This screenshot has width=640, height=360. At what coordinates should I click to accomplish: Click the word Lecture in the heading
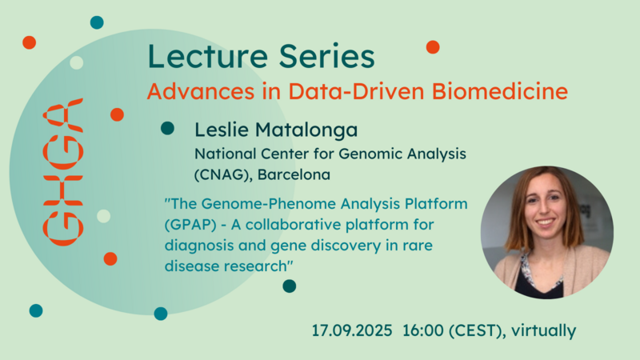[x=208, y=56]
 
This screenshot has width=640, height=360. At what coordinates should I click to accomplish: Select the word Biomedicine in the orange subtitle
[x=499, y=91]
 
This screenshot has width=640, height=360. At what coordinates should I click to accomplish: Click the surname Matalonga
[x=306, y=130]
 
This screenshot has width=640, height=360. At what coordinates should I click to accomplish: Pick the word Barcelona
[x=294, y=174]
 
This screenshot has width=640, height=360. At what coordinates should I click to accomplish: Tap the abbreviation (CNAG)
[x=223, y=175]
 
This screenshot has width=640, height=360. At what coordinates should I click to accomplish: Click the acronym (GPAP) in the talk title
[x=190, y=225]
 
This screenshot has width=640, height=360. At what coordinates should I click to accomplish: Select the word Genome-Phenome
[x=269, y=204]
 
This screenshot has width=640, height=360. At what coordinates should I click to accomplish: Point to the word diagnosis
[x=199, y=246]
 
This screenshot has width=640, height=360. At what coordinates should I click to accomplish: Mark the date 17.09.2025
[x=352, y=330]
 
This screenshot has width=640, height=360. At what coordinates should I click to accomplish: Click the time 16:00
[x=423, y=330]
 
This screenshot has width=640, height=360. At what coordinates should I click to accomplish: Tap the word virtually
[x=543, y=330]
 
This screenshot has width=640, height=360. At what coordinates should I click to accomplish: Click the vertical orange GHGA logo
[x=63, y=172]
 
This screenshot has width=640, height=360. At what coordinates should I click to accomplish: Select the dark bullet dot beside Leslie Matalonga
[x=167, y=128]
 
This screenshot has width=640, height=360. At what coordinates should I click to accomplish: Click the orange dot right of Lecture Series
[x=433, y=47]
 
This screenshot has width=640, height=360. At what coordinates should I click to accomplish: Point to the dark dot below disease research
[x=290, y=286]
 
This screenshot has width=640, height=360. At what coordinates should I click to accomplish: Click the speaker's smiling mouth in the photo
[x=546, y=222]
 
